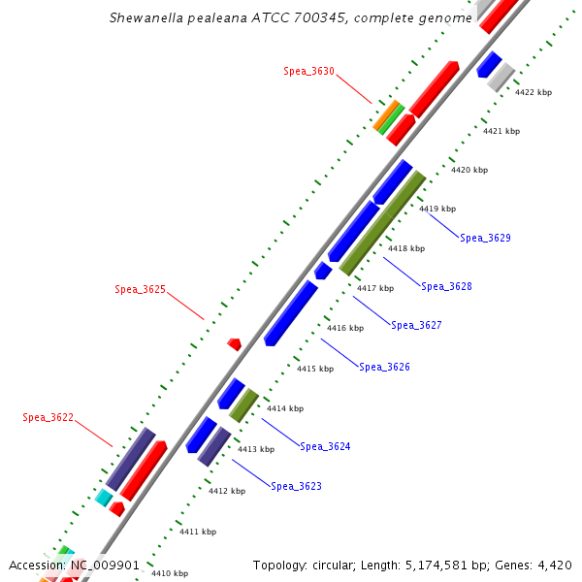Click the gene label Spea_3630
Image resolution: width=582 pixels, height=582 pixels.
(308, 71)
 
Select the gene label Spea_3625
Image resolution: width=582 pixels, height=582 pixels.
(140, 289)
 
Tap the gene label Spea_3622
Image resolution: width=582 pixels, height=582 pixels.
(48, 417)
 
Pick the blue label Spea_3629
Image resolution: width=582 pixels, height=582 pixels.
(485, 238)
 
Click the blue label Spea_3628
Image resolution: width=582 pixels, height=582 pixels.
(446, 286)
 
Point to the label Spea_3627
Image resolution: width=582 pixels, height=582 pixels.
(416, 325)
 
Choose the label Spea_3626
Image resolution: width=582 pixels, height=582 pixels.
(384, 367)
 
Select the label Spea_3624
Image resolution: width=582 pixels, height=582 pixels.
(325, 446)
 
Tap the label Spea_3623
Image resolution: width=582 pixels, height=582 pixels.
(296, 486)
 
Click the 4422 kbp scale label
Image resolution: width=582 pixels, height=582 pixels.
(533, 92)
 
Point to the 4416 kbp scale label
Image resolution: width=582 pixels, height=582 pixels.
(344, 328)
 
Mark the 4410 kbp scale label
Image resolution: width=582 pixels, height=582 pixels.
(169, 573)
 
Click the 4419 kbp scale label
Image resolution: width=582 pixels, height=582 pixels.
(436, 209)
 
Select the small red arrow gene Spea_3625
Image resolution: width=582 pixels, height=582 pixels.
(234, 343)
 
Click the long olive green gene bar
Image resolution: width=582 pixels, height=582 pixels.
(382, 223)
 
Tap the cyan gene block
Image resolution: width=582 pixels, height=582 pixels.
(104, 498)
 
